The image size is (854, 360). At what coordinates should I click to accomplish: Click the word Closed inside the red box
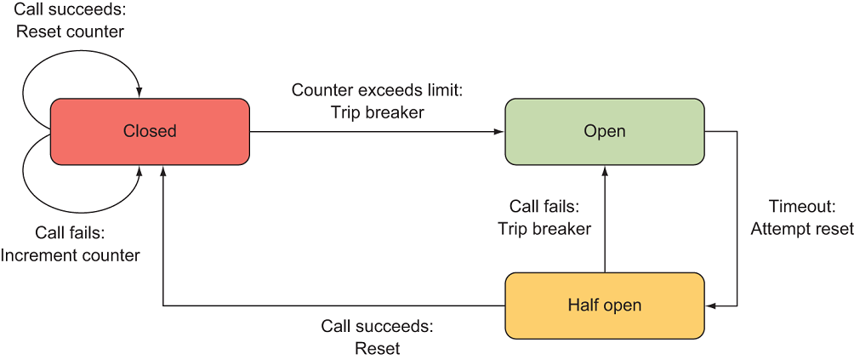(150, 131)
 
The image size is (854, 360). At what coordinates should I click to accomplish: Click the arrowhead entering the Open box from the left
(500, 132)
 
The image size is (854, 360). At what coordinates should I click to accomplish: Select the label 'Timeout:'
(802, 207)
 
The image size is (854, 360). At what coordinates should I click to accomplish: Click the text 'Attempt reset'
(802, 229)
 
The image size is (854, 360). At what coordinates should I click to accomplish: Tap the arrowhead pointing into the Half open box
(710, 305)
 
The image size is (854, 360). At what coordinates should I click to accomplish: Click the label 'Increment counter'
(71, 254)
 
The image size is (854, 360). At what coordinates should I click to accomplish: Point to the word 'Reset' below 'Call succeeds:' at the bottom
(377, 348)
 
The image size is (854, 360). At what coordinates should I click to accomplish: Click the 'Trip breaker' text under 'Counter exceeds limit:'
(377, 111)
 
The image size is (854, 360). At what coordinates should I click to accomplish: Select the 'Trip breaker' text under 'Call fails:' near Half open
(544, 228)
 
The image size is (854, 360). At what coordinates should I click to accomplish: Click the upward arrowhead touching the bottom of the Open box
(605, 170)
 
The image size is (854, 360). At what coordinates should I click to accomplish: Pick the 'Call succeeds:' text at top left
(70, 10)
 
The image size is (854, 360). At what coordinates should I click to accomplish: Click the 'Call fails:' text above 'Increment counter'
(70, 232)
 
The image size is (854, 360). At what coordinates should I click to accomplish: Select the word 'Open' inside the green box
(605, 131)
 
